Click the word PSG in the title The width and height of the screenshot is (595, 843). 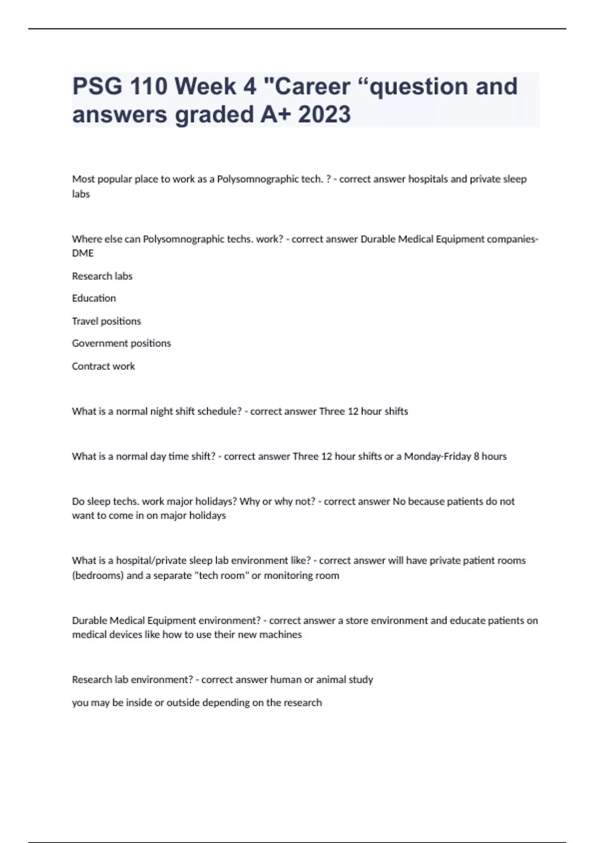click(97, 87)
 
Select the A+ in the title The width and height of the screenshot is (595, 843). click(275, 115)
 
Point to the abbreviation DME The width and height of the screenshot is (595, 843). click(83, 253)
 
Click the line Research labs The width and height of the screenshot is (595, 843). click(102, 276)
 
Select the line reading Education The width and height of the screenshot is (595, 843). click(94, 299)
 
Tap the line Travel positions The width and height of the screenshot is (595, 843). click(106, 321)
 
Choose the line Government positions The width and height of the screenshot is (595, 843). click(121, 344)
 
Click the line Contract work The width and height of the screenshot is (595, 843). click(103, 366)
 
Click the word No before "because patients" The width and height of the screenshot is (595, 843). click(399, 501)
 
